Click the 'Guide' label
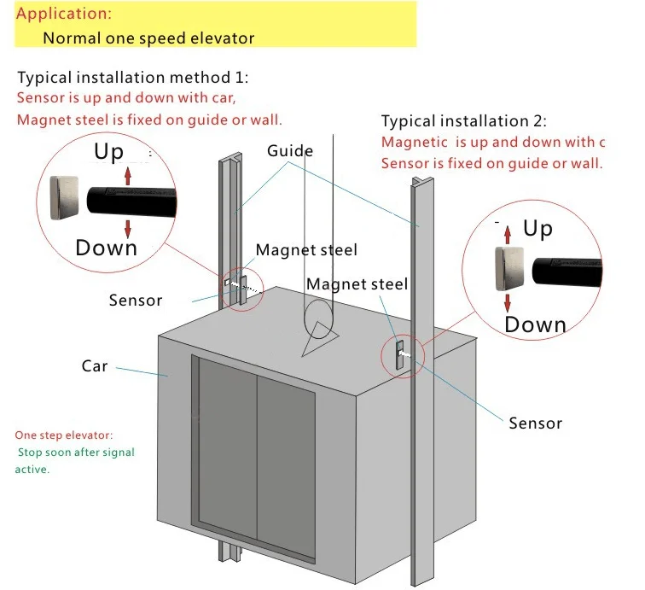(290, 151)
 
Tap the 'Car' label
(94, 365)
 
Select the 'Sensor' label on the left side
(136, 300)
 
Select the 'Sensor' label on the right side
(535, 423)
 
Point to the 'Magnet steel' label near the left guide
(306, 250)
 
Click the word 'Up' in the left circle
(109, 153)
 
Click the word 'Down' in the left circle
(106, 248)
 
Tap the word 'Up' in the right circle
(537, 229)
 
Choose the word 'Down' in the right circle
(535, 324)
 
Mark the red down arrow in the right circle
(508, 301)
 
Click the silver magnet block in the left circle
(66, 198)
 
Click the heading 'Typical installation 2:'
(464, 121)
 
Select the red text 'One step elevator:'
(63, 435)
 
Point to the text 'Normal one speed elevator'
(148, 38)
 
